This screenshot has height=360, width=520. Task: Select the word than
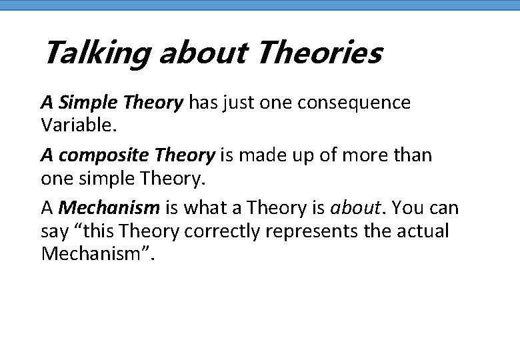click(413, 156)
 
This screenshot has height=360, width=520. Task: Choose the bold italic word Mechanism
click(109, 208)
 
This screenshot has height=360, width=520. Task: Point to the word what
click(204, 208)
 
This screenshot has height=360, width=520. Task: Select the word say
click(54, 232)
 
